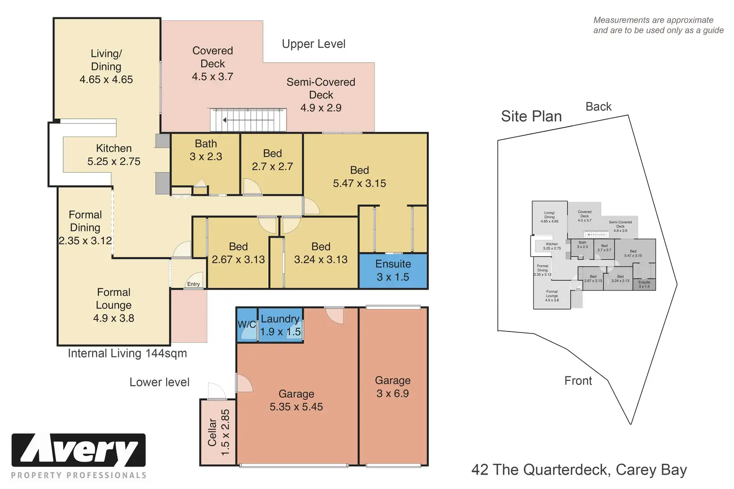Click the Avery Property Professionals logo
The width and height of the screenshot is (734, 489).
pos(79,456)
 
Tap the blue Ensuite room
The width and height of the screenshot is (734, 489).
pos(393,271)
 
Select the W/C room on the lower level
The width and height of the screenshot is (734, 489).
pos(246,325)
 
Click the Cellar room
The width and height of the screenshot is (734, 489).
pos(218,432)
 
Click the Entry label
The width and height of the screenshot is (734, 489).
pos(193,284)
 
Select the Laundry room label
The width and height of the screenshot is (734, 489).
pos(280,319)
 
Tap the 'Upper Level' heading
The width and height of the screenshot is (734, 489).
pos(313,44)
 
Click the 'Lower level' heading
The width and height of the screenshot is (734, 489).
pos(160,382)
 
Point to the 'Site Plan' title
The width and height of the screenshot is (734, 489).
pos(531,116)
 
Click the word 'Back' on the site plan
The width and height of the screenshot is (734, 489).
pos(598,107)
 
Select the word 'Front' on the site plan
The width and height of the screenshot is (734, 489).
pos(578,381)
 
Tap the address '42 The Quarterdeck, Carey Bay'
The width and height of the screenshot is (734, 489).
pos(579,470)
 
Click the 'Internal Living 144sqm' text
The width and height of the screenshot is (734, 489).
pos(127,353)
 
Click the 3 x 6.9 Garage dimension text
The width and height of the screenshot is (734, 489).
pos(392,394)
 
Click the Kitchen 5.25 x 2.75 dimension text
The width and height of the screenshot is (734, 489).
pos(114,162)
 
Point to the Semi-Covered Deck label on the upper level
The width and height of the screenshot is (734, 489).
pos(321,88)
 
